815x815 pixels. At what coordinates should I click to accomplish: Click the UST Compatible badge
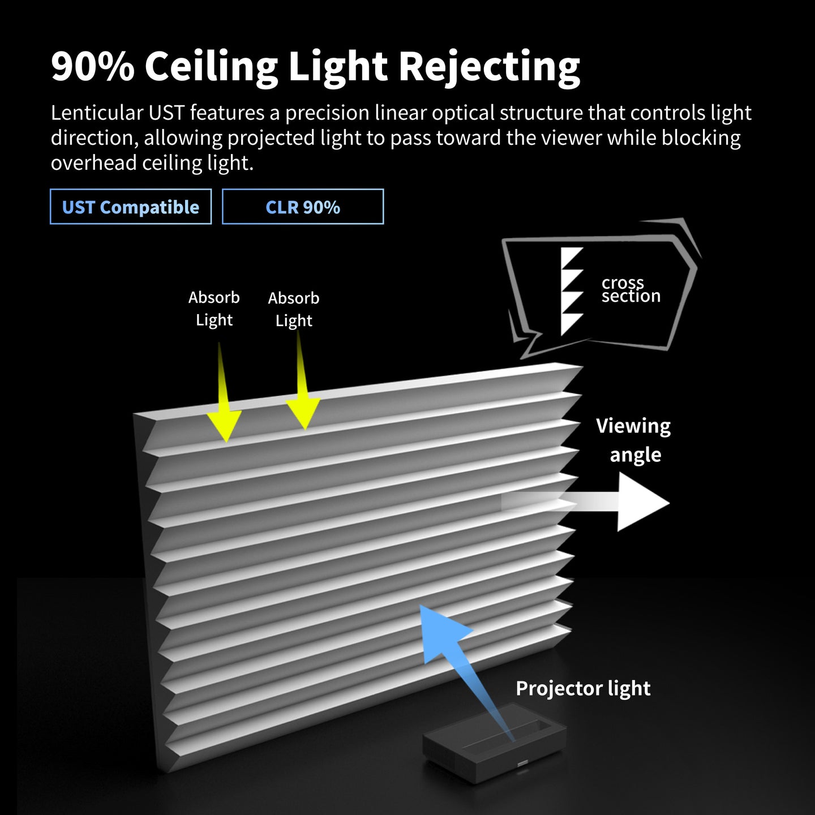click(131, 207)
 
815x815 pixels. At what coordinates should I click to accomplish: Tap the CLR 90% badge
click(303, 207)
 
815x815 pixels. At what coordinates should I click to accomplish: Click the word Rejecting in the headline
click(490, 67)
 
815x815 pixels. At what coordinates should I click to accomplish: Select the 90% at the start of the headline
click(93, 67)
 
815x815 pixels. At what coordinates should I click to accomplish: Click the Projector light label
click(583, 689)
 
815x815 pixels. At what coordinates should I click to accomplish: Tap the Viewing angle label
click(634, 440)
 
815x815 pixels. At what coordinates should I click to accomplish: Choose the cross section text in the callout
click(630, 289)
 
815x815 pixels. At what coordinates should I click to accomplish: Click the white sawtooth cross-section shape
click(572, 291)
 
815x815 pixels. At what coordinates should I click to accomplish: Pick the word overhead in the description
click(94, 163)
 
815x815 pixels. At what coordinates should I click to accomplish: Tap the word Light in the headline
click(337, 67)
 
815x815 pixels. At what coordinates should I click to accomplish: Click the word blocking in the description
click(701, 138)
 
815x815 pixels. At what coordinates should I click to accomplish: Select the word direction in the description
click(95, 138)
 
